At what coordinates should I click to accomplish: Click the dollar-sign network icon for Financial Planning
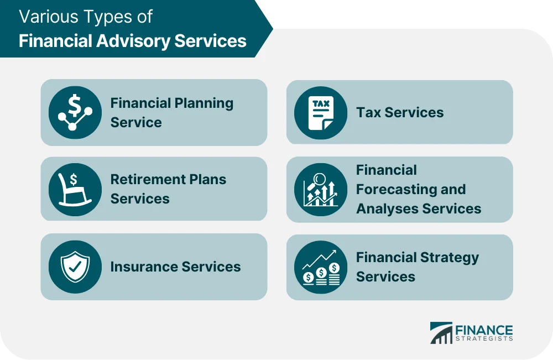(75, 112)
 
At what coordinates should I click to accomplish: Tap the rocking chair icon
(75, 189)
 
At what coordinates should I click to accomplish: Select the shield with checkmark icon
(75, 267)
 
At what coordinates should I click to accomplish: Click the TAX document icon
(321, 112)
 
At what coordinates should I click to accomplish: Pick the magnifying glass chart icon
(321, 189)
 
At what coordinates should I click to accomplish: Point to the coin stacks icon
(321, 267)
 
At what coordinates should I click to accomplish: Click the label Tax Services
(400, 112)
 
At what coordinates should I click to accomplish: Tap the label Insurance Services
(175, 267)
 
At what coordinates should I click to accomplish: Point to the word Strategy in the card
(446, 258)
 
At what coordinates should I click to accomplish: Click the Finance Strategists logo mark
(441, 333)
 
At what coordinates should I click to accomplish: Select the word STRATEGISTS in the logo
(484, 339)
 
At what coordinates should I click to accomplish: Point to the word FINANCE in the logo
(484, 329)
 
